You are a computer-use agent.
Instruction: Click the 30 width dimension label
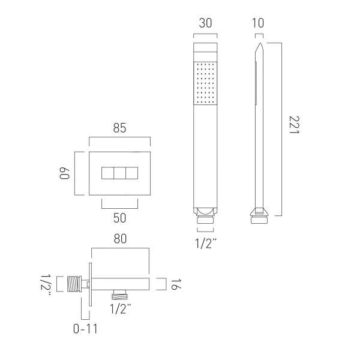[x=205, y=23]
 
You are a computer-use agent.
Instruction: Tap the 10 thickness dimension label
[x=258, y=23]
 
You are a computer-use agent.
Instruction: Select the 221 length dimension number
[x=294, y=125]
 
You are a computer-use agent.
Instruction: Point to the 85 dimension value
[x=119, y=128]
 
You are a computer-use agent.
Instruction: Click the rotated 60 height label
[x=65, y=173]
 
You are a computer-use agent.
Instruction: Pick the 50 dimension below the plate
[x=119, y=218]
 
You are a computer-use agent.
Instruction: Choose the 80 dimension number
[x=120, y=239]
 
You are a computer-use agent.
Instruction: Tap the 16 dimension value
[x=176, y=284]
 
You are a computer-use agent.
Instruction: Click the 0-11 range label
[x=85, y=329]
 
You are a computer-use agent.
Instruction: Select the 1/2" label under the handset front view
[x=206, y=244]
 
